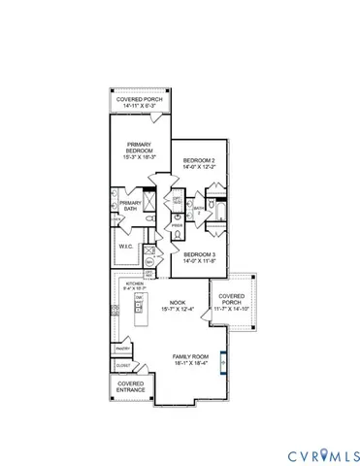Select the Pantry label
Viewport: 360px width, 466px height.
[x=123, y=348]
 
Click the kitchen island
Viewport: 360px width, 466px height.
[x=141, y=316]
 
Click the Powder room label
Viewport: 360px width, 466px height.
[x=177, y=220]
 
